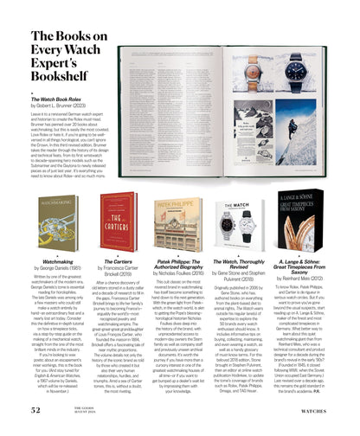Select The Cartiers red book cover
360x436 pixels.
pyautogui.click(x=112, y=221)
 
